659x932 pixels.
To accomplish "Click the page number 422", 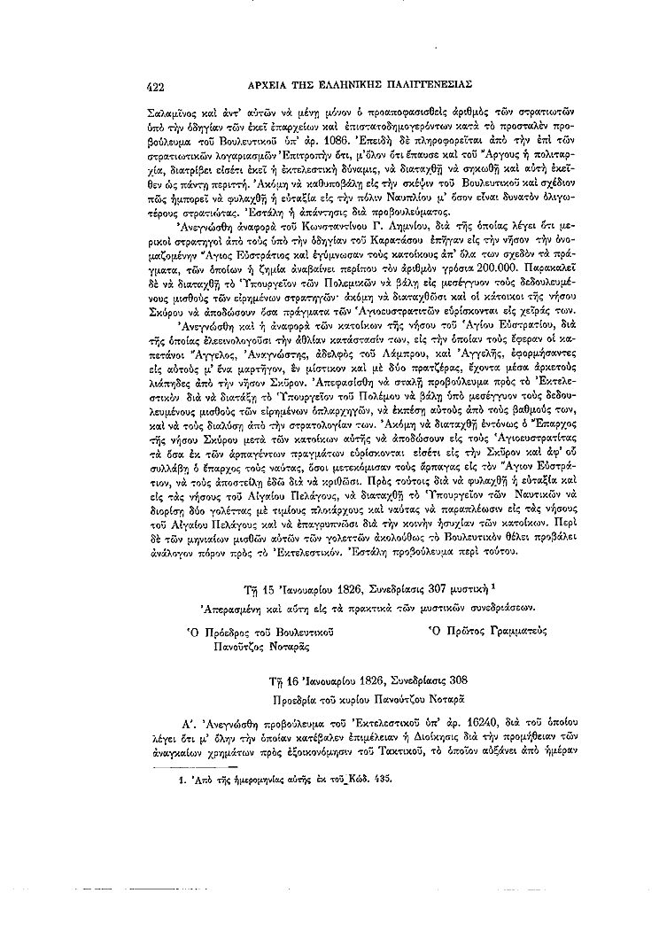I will tap(153, 87).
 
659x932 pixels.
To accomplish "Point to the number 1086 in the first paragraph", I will tap(348, 140).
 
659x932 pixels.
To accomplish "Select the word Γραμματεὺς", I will tap(515, 631).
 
